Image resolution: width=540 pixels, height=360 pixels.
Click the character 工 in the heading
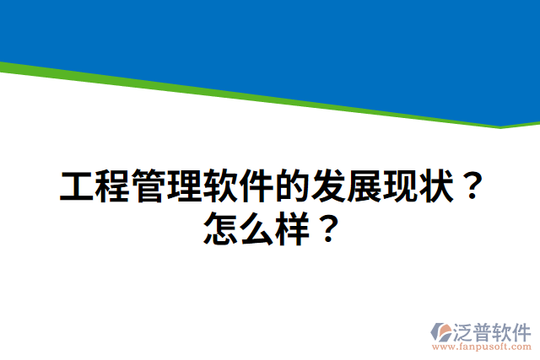78,186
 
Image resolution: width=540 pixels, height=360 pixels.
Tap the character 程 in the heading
113,186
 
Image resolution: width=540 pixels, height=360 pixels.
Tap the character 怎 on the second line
222,228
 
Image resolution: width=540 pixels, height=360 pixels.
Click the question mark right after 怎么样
330,228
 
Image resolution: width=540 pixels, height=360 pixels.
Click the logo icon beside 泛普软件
440,330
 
